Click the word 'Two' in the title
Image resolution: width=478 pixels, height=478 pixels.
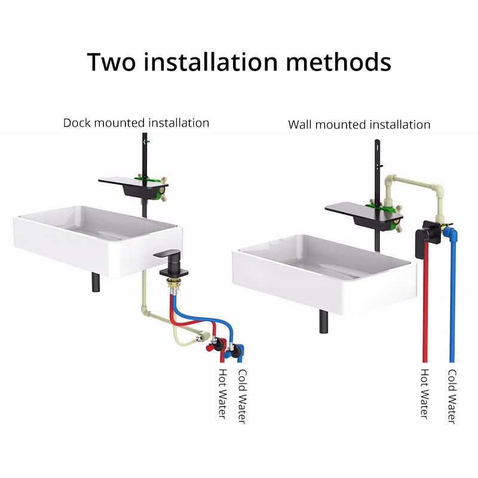[111, 62]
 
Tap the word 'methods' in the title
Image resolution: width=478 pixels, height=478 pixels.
[338, 62]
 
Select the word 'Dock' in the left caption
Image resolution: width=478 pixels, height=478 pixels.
[77, 123]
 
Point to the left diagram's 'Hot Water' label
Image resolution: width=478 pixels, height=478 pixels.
[223, 394]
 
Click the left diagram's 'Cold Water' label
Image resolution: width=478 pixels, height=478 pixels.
[242, 396]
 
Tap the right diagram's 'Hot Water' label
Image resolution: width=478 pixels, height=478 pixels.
[425, 394]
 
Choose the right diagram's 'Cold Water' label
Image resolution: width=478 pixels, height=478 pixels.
[452, 396]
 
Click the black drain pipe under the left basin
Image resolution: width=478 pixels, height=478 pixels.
[96, 282]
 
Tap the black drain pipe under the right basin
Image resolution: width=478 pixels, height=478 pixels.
[323, 321]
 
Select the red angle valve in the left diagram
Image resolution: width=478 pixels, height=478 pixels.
[216, 345]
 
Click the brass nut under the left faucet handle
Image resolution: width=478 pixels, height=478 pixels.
[173, 283]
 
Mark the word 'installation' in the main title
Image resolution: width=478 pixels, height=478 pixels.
[211, 62]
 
